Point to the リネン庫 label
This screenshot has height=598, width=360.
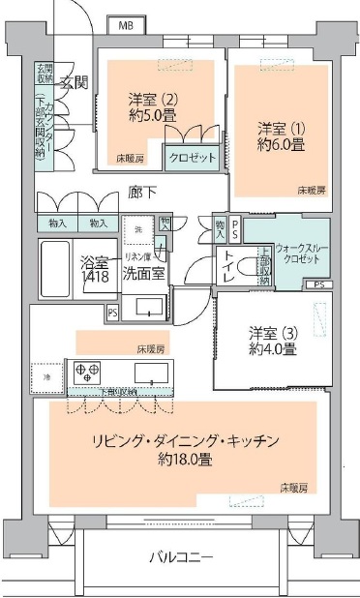click(x=134, y=255)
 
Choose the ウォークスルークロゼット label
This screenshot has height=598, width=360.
click(x=302, y=254)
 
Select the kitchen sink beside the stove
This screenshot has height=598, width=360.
click(x=150, y=374)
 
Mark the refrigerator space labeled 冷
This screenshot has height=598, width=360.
click(x=45, y=374)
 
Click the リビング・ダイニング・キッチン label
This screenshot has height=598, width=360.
click(x=187, y=441)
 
